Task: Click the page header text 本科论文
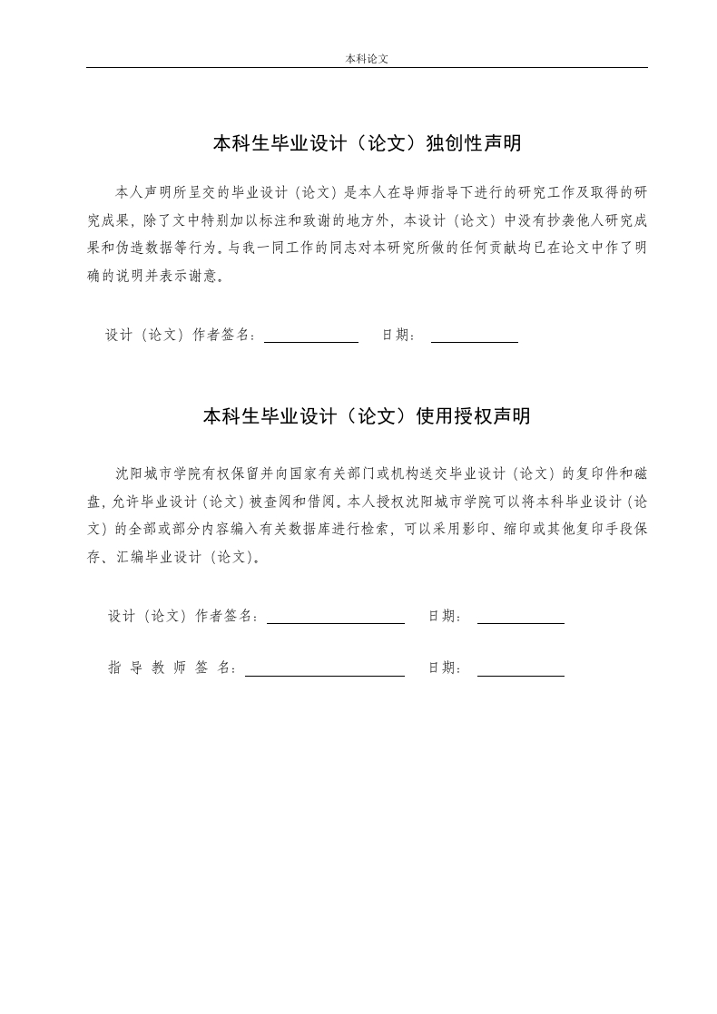point(367,58)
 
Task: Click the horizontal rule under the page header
point(367,68)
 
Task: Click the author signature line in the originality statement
point(310,340)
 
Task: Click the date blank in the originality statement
point(474,340)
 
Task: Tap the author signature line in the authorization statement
point(335,621)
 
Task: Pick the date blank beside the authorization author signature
point(520,621)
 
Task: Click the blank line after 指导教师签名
point(324,674)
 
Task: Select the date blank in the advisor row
point(520,674)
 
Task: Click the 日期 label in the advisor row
point(444,668)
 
